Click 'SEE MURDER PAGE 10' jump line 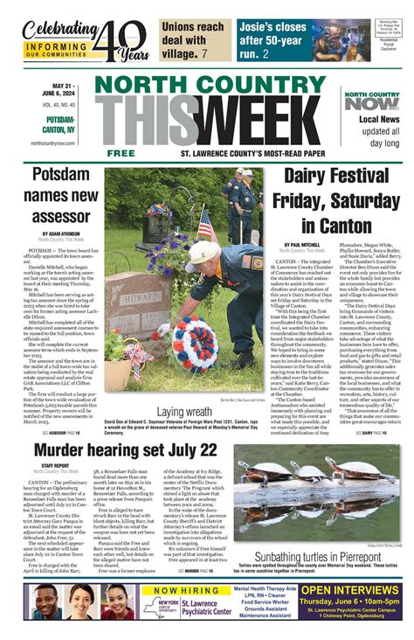click(198, 570)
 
